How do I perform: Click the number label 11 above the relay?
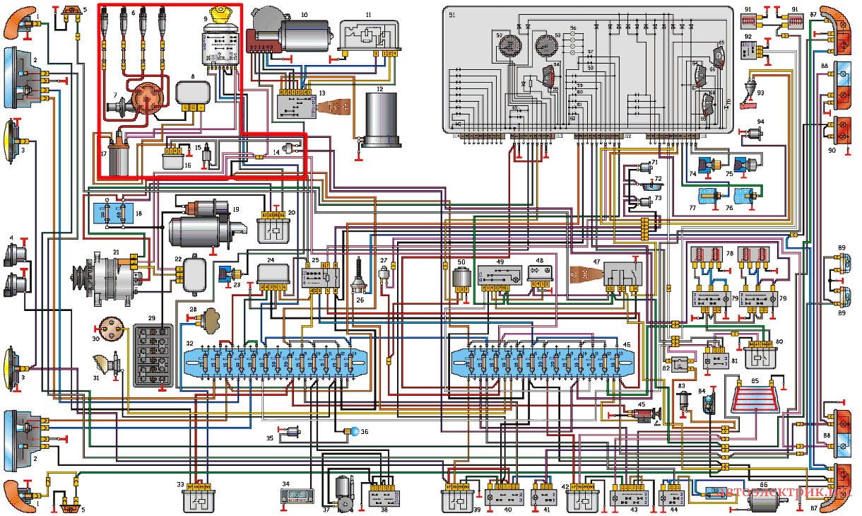[368, 14]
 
